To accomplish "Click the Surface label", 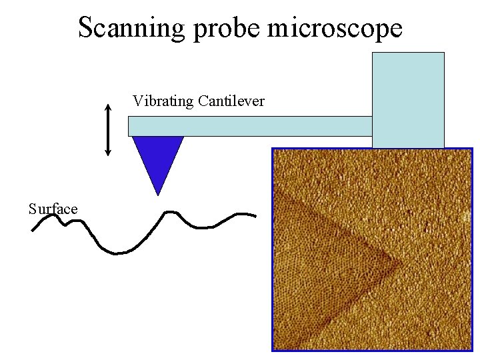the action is pos(53,209).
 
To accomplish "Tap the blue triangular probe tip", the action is pos(158,157).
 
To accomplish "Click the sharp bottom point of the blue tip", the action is pos(158,193).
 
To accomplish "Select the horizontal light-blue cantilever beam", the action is pos(250,126).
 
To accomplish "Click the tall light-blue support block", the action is pos(408,100).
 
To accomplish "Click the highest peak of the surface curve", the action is pos(169,212).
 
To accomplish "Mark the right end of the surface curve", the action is pos(255,215).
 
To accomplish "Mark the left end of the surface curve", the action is pos(32,231).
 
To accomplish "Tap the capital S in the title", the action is pos(86,27).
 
